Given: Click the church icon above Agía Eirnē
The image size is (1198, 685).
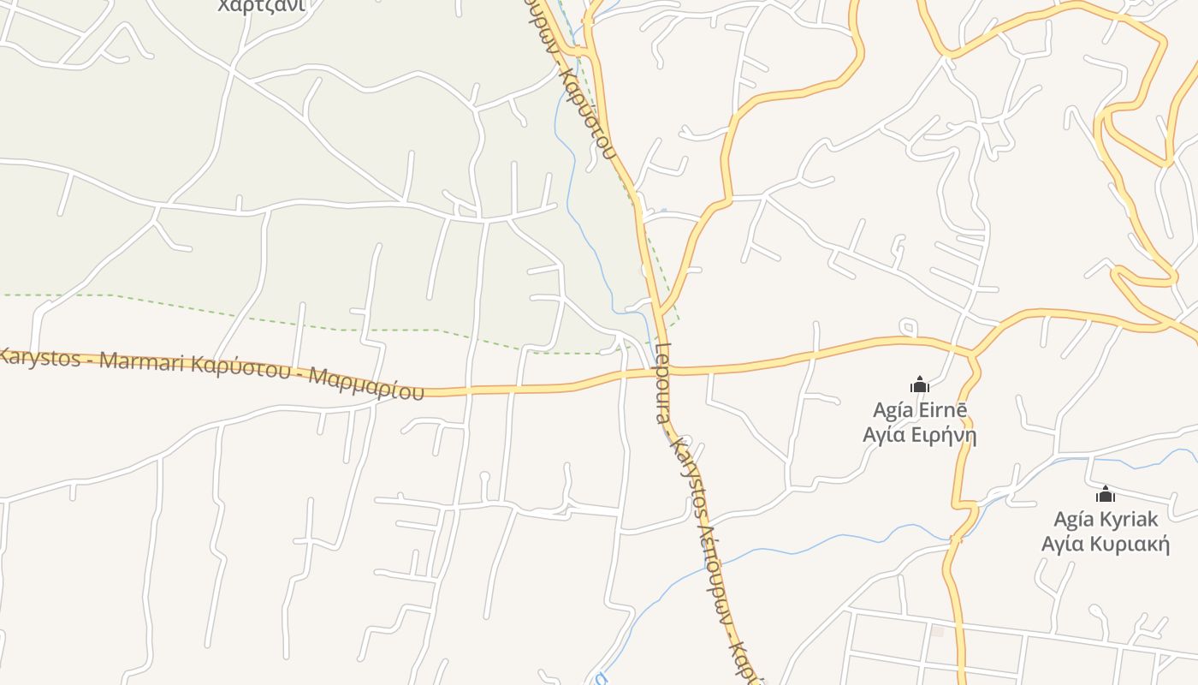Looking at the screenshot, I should [x=920, y=384].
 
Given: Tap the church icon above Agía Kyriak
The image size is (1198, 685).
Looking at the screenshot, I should [x=1106, y=494].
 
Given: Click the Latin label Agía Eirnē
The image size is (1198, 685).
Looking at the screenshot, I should [x=920, y=410].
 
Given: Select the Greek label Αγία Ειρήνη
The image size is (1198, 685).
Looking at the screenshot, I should [x=920, y=435].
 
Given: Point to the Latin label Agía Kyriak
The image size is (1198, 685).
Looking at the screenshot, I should [x=1106, y=519].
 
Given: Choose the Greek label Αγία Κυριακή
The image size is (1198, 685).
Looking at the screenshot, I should [x=1106, y=544].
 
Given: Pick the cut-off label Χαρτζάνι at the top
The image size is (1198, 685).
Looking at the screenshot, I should [x=261, y=6].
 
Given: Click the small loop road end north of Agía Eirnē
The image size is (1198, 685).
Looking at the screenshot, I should [x=908, y=326].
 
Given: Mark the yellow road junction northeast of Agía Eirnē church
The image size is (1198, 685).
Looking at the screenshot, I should [x=971, y=352].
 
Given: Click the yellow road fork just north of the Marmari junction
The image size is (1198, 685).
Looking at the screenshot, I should [x=660, y=310].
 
